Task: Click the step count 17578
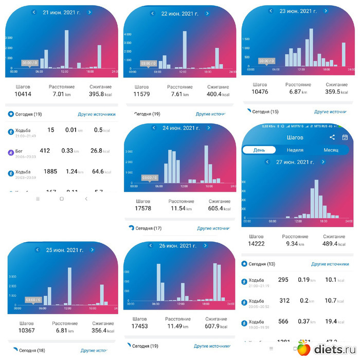(142, 208)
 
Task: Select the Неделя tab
(295, 150)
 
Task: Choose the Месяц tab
(331, 150)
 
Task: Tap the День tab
(260, 150)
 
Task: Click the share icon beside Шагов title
(332, 137)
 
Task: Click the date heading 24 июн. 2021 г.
(181, 128)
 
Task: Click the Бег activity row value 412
(45, 151)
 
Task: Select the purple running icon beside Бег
(10, 152)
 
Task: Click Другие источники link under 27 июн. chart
(330, 264)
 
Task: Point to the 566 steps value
(284, 321)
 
